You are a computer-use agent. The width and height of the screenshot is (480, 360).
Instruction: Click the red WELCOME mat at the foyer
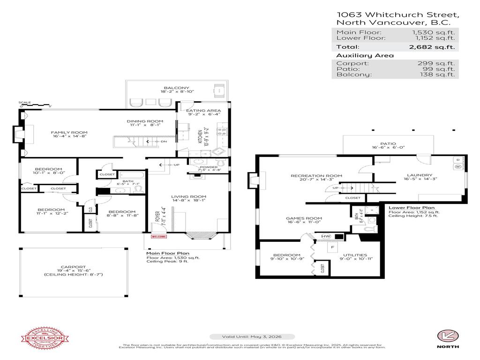pyautogui.click(x=158, y=237)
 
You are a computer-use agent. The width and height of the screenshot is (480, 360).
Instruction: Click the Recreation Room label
pyautogui.click(x=316, y=176)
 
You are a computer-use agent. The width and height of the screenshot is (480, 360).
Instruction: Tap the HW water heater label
pyautogui.click(x=325, y=237)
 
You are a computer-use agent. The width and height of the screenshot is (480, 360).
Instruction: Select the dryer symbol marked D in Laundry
pyautogui.click(x=458, y=160)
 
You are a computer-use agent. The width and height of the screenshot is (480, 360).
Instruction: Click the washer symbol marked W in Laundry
pyautogui.click(x=458, y=166)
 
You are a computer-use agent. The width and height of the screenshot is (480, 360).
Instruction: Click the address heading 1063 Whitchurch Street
pyautogui.click(x=397, y=15)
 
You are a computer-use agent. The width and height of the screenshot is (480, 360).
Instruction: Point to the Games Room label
pyautogui.click(x=304, y=218)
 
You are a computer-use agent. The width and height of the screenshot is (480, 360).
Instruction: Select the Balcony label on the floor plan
pyautogui.click(x=176, y=88)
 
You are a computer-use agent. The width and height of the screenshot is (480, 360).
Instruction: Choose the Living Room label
pyautogui.click(x=188, y=196)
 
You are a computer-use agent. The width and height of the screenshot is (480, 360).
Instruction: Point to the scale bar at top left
pyautogui.click(x=35, y=105)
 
